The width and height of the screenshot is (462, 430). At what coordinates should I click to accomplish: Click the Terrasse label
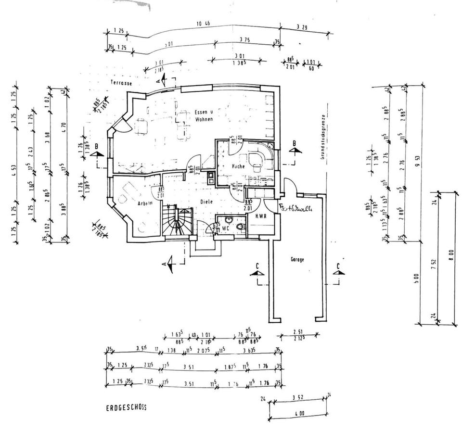coord(120,83)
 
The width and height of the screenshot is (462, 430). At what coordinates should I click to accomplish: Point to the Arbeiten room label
coord(145,203)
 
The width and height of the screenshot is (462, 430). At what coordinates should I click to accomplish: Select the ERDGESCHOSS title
coord(127,407)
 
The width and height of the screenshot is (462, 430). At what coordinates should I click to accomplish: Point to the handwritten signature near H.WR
coord(297,208)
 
